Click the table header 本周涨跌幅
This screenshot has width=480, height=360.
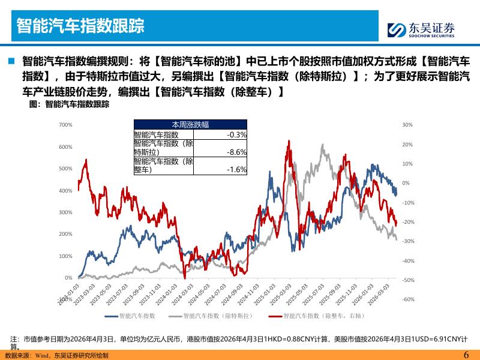coord(191,124)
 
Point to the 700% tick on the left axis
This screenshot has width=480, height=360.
coord(66,125)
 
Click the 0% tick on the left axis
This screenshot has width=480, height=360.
coord(68,278)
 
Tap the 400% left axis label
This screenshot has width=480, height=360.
coord(66,191)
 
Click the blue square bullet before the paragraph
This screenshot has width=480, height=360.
coord(11,61)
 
